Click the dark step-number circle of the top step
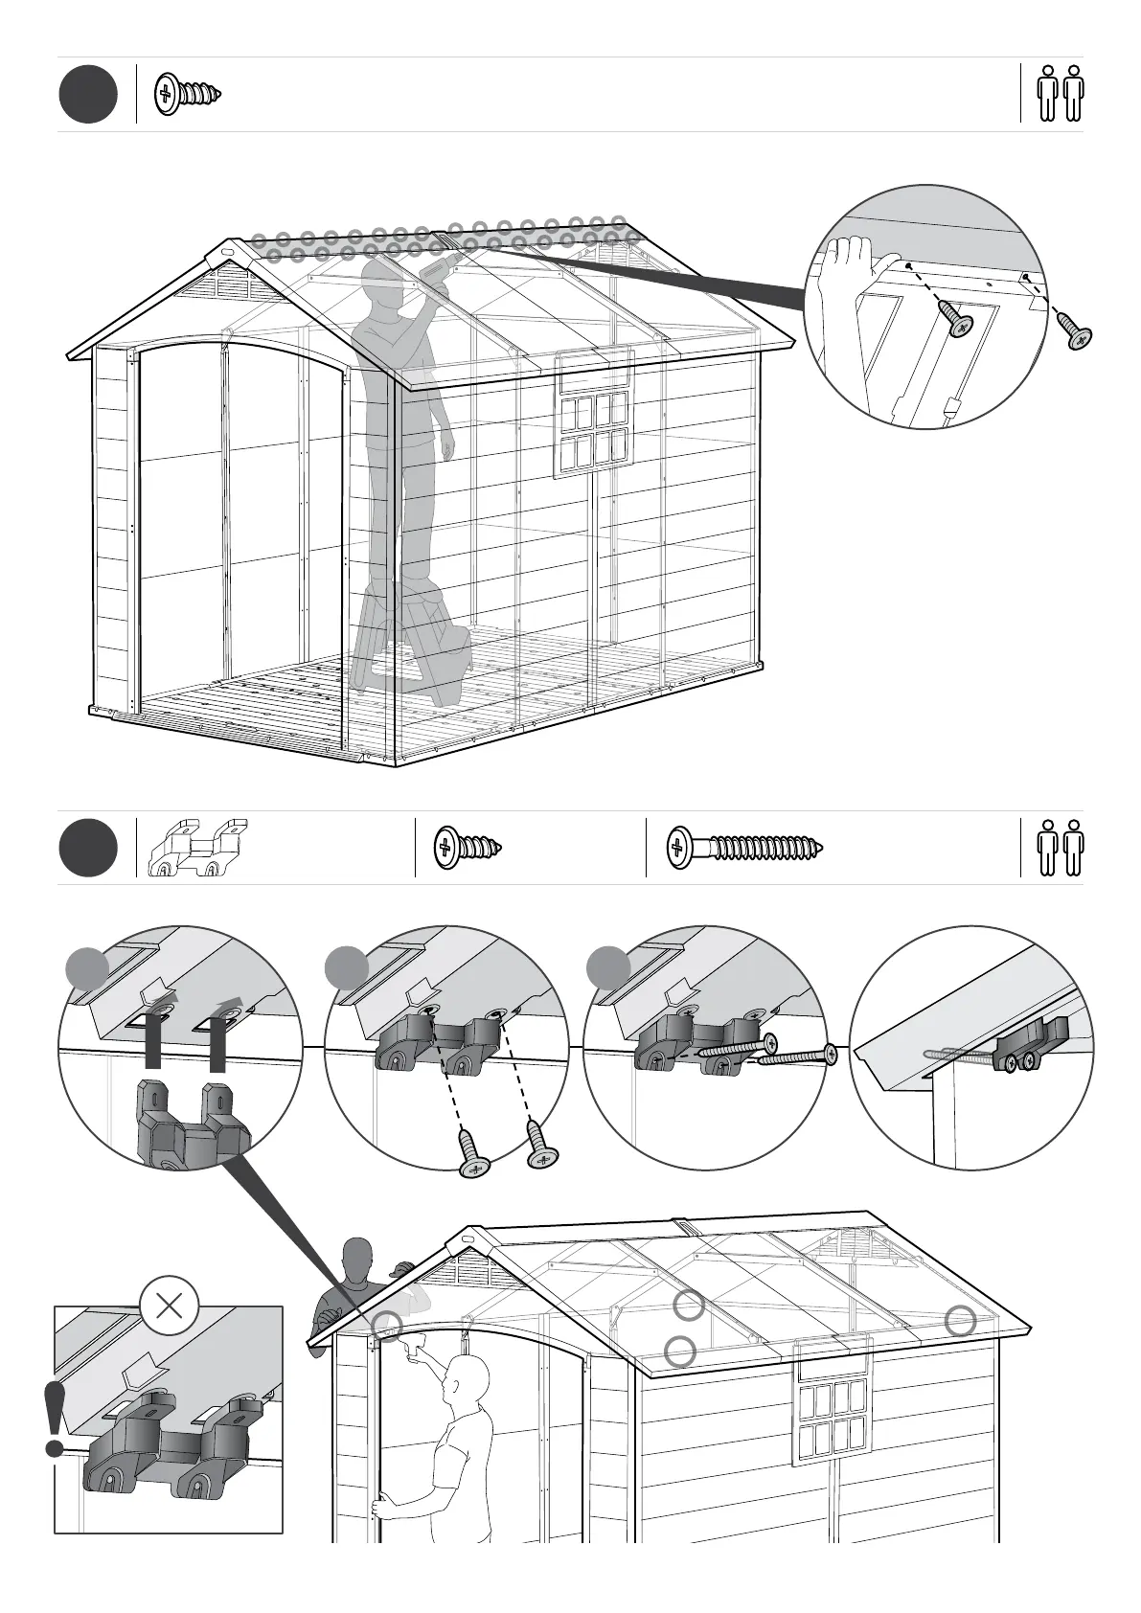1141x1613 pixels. [x=88, y=94]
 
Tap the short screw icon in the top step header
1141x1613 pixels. [x=188, y=93]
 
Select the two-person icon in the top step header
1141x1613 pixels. [x=1061, y=93]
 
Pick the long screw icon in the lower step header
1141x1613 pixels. [x=744, y=848]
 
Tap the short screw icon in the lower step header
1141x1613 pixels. [x=467, y=848]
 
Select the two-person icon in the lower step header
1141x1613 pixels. [x=1061, y=848]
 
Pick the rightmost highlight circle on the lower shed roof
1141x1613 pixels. [x=960, y=1321]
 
